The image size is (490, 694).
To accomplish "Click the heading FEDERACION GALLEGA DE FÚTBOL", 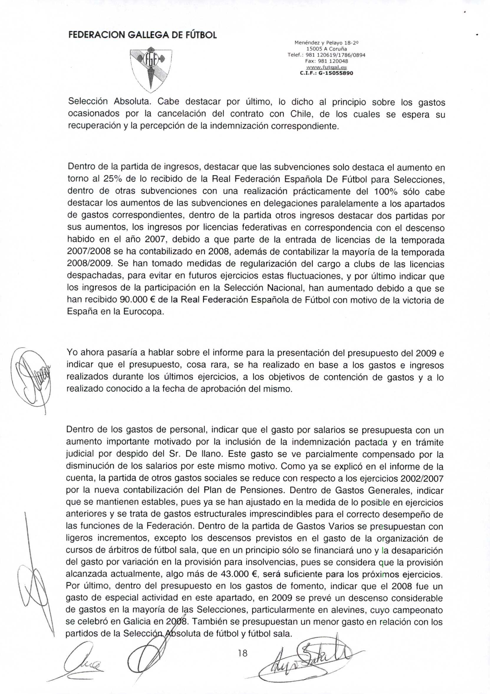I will click(x=142, y=35).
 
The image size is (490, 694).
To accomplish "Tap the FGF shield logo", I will click(x=150, y=69).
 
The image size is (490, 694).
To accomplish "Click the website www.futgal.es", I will click(x=326, y=67).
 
